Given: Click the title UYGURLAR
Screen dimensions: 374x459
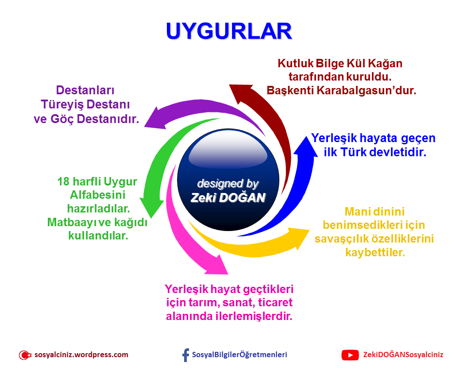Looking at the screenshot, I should click(229, 31).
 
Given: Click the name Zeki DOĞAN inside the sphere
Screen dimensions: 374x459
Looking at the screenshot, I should click(228, 198).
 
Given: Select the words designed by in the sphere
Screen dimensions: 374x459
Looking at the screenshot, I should click(228, 184).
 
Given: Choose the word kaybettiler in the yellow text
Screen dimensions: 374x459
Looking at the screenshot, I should click(374, 253).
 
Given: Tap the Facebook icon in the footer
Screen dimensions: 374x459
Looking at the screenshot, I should click(185, 355).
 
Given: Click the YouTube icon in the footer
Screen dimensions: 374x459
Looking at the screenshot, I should click(350, 355).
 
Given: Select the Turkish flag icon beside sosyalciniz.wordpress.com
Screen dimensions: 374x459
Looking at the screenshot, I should click(25, 355).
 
